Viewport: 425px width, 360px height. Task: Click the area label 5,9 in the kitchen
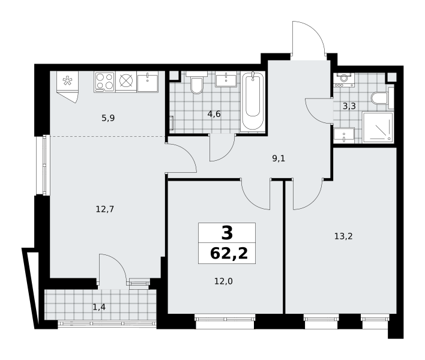tap(108, 118)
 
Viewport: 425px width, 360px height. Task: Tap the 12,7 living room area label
tap(105, 209)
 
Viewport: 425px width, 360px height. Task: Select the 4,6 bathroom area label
tap(214, 114)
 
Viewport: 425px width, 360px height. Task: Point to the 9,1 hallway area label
tap(279, 158)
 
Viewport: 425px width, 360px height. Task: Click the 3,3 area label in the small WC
tap(349, 106)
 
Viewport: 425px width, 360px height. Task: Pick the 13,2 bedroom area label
tap(343, 236)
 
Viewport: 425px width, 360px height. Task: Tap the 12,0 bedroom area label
tap(223, 281)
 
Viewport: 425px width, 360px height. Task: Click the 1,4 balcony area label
tap(99, 307)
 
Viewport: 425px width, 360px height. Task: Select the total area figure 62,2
tap(229, 254)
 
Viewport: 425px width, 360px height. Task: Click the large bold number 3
tap(227, 233)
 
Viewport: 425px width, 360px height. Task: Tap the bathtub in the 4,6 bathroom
tap(253, 100)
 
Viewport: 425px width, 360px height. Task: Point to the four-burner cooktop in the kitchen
tap(104, 82)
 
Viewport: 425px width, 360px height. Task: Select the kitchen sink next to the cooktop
tap(148, 82)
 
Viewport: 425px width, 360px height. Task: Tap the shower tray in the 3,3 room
tap(378, 127)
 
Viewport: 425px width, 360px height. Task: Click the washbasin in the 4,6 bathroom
tap(226, 79)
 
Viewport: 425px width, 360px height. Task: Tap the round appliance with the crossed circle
tap(126, 81)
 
